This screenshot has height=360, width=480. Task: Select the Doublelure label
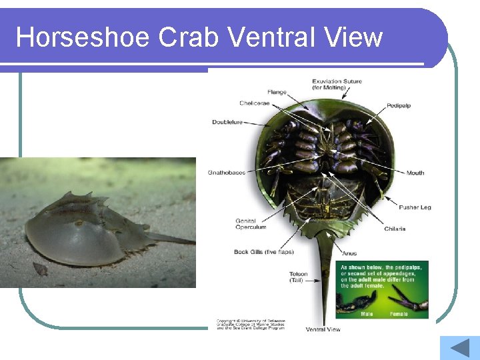(x=227, y=122)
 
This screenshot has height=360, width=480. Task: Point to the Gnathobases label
(x=226, y=173)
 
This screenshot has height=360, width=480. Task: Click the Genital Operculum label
(x=251, y=224)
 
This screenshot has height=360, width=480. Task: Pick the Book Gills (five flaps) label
(x=264, y=252)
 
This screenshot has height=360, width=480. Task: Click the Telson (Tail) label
(x=298, y=277)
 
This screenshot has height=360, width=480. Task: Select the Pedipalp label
(x=399, y=106)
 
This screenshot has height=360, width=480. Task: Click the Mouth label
(x=415, y=173)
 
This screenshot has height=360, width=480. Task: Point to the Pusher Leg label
(x=415, y=207)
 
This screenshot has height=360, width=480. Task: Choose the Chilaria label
(x=395, y=229)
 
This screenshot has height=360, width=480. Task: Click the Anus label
(x=350, y=253)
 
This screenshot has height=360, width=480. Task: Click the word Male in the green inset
(x=367, y=313)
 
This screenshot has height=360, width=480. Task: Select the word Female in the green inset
(x=399, y=313)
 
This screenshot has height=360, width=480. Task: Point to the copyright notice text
(x=250, y=324)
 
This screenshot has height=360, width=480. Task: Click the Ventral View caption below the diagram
(x=323, y=329)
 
